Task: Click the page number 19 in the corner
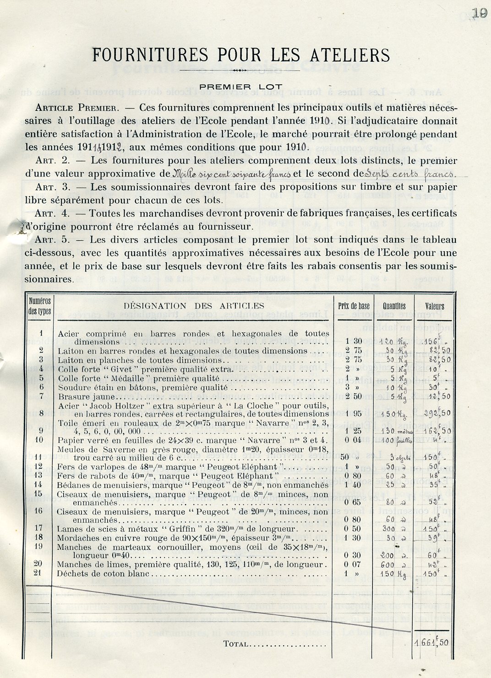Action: [479, 13]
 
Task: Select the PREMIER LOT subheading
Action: [241, 87]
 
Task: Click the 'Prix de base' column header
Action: [354, 306]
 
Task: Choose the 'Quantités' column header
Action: [394, 306]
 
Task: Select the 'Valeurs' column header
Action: [435, 306]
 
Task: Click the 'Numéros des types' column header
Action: [40, 306]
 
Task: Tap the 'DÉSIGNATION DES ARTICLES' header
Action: [194, 306]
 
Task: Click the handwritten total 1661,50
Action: [432, 643]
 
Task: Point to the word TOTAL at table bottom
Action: [236, 644]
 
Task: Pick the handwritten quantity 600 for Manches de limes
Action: [387, 565]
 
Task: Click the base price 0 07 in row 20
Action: [353, 565]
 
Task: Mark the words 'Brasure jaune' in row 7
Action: [82, 396]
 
